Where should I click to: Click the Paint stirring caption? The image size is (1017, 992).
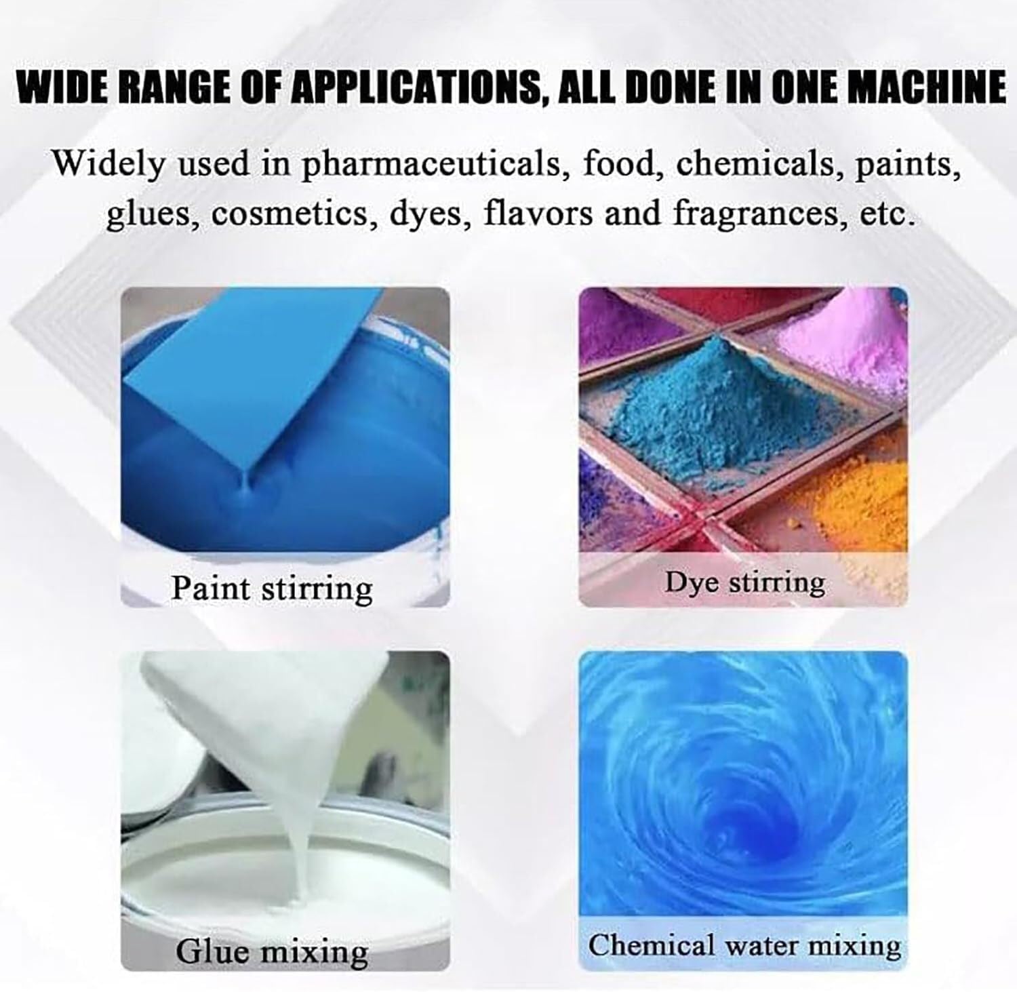pos(271,587)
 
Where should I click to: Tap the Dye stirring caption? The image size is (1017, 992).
pos(744,582)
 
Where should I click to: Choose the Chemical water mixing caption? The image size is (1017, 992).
pos(744,945)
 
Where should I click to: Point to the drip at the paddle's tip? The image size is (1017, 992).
pos(245,483)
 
